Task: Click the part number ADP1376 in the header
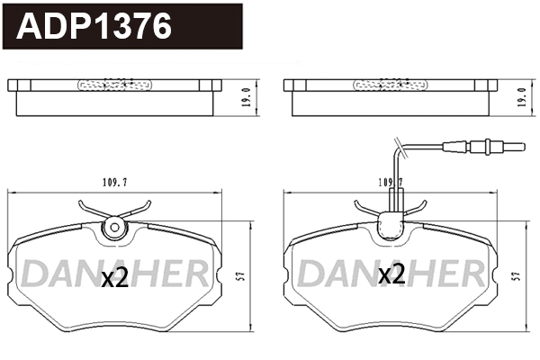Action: (x=95, y=27)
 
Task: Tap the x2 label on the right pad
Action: (x=391, y=274)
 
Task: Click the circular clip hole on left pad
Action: (x=114, y=228)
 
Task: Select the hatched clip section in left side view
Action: (x=114, y=85)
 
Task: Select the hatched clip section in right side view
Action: (x=390, y=85)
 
